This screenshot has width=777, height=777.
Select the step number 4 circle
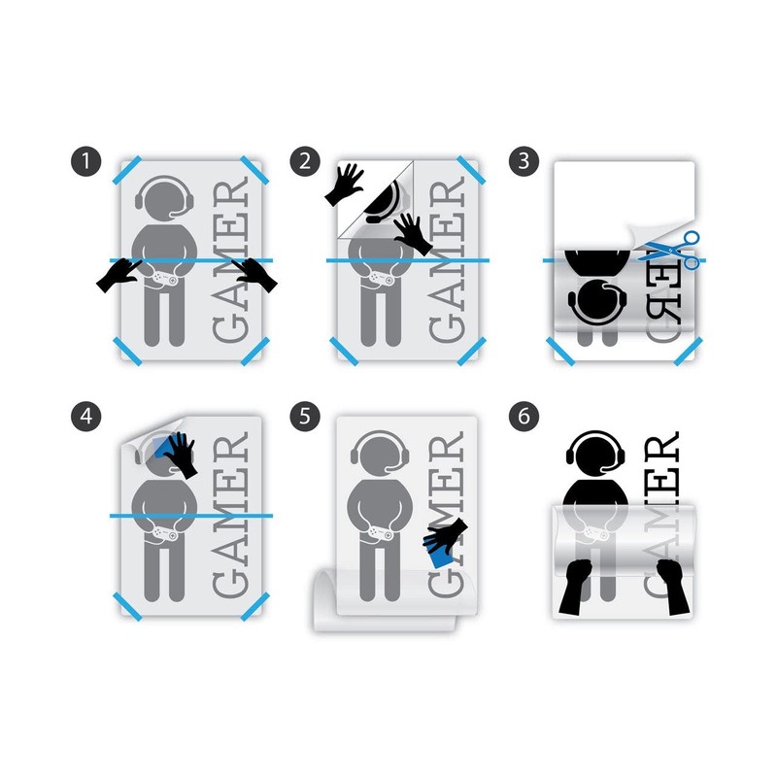pyautogui.click(x=88, y=417)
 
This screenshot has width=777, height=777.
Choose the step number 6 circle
pyautogui.click(x=524, y=417)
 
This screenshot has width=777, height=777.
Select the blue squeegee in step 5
pyautogui.click(x=443, y=547)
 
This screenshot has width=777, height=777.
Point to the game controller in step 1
pyautogui.click(x=163, y=279)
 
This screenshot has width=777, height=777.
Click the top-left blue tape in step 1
pyautogui.click(x=127, y=171)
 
